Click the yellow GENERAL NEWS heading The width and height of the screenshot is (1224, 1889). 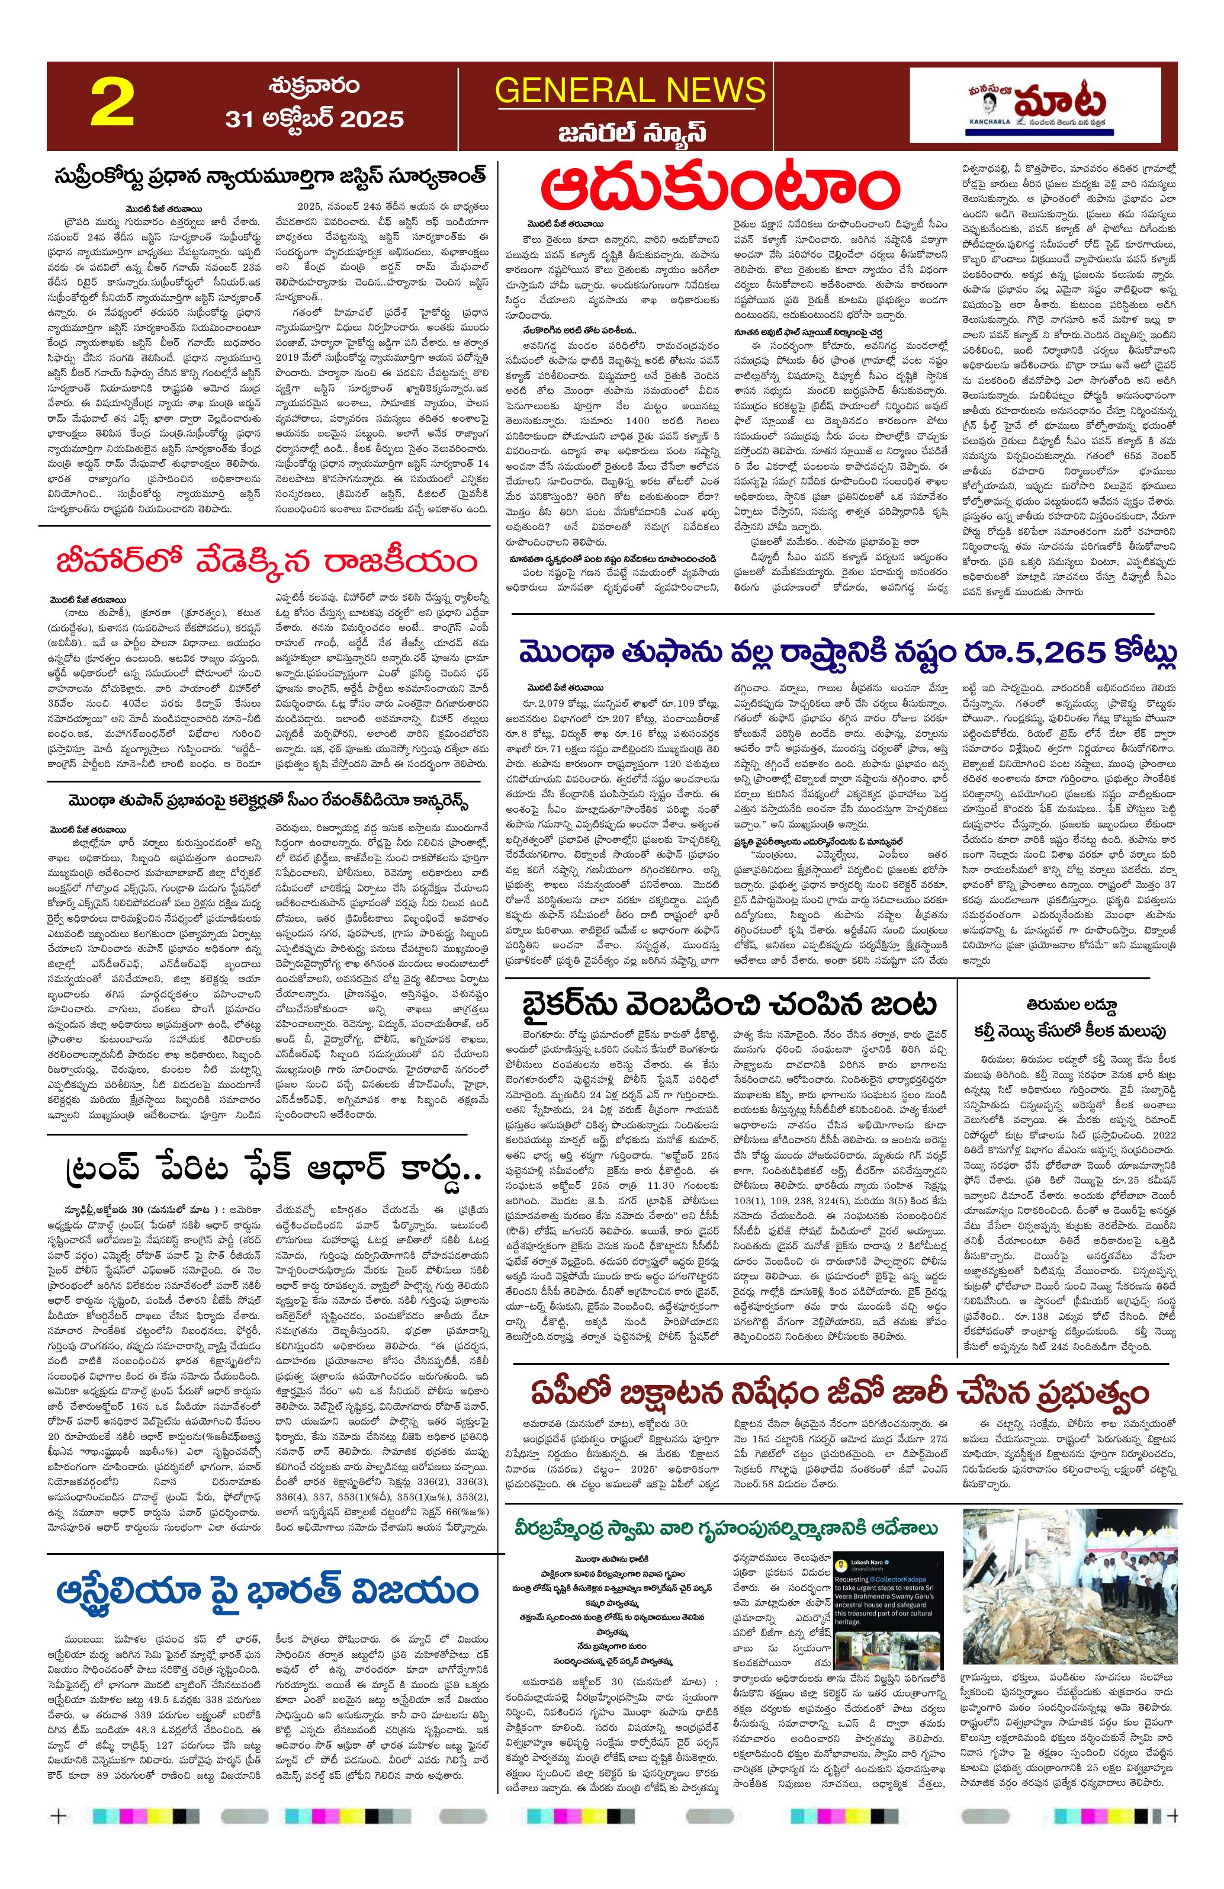coord(630,89)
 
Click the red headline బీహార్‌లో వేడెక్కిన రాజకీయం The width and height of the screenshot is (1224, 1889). coord(266,562)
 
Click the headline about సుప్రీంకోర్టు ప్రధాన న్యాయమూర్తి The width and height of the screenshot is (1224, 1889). coord(269,175)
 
